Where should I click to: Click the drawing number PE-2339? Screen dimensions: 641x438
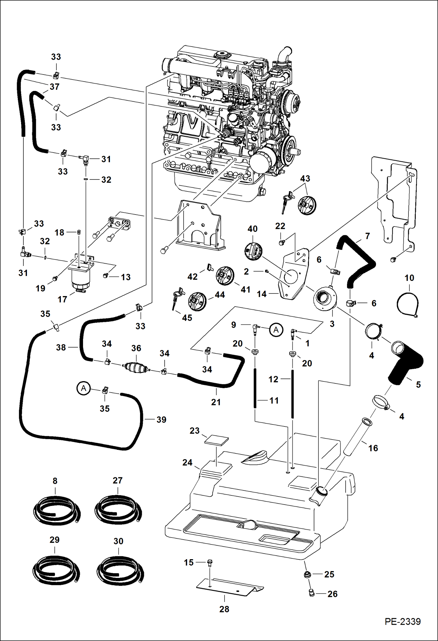click(x=402, y=621)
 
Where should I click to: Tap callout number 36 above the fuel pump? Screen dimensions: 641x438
click(x=136, y=348)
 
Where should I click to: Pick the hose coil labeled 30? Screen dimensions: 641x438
click(x=120, y=570)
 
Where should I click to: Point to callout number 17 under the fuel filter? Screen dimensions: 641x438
click(x=62, y=299)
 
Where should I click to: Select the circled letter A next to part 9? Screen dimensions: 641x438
click(x=276, y=330)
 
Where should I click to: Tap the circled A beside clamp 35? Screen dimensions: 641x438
click(x=84, y=388)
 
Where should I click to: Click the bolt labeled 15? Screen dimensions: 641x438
click(x=210, y=563)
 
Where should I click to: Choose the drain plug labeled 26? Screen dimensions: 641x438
click(x=312, y=593)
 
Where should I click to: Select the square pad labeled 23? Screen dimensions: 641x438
click(x=216, y=440)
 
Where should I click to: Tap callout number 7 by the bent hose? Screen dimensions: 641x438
click(x=368, y=236)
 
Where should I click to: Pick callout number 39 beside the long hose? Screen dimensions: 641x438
click(x=161, y=419)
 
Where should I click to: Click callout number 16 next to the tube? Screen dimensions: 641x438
click(x=373, y=448)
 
